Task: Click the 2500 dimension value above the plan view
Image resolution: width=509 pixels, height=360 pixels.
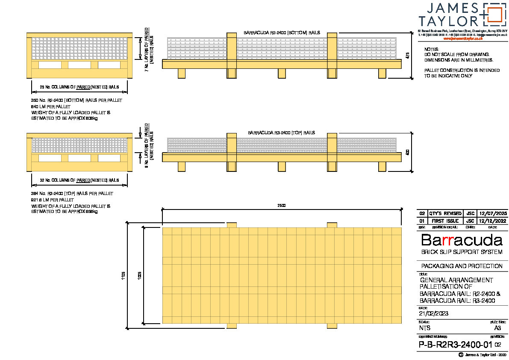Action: click(x=281, y=206)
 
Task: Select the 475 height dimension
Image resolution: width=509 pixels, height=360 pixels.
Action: click(x=408, y=55)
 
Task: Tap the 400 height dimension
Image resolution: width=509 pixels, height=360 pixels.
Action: click(x=408, y=152)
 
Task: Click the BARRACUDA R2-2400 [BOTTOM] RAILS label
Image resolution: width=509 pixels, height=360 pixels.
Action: click(x=282, y=32)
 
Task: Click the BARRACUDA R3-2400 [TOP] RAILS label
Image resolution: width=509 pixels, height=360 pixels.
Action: click(x=281, y=133)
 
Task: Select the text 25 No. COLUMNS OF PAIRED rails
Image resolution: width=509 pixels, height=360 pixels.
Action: click(x=79, y=87)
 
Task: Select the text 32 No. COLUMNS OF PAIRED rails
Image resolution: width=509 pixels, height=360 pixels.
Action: click(x=79, y=180)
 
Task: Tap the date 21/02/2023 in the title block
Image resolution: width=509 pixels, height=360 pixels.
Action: click(x=434, y=313)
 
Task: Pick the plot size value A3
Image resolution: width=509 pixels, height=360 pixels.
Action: click(x=497, y=328)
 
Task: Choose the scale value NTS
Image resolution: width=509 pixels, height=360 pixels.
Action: click(x=425, y=328)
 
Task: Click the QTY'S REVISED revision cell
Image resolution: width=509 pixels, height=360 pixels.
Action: click(x=445, y=213)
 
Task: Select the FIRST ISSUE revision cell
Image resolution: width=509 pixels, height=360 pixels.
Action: click(x=445, y=221)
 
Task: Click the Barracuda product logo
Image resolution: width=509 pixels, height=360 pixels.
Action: click(x=462, y=240)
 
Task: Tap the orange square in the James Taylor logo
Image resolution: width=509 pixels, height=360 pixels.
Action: click(x=493, y=14)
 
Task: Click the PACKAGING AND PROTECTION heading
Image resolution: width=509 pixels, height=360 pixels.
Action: click(x=462, y=266)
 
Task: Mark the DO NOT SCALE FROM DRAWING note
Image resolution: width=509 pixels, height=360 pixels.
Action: click(x=457, y=55)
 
